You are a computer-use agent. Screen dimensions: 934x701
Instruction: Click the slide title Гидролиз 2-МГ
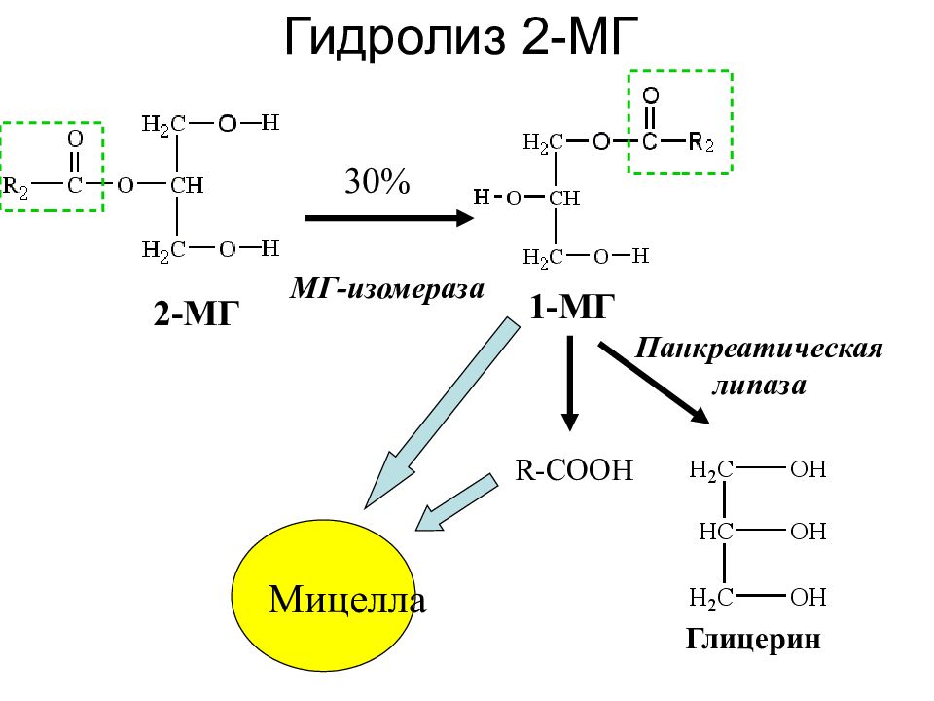pyautogui.click(x=461, y=37)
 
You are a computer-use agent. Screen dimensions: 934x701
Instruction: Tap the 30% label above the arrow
pyautogui.click(x=377, y=181)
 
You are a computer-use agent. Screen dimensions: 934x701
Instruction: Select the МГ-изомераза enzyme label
pyautogui.click(x=387, y=289)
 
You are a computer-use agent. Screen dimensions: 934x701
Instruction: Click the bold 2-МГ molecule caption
pyautogui.click(x=197, y=313)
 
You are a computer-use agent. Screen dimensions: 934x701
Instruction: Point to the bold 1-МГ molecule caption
pyautogui.click(x=572, y=308)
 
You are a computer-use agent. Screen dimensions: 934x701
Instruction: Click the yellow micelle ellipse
pyautogui.click(x=323, y=596)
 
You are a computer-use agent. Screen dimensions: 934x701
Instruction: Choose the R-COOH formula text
pyautogui.click(x=574, y=469)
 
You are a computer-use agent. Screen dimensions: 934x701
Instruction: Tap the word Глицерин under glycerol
pyautogui.click(x=753, y=640)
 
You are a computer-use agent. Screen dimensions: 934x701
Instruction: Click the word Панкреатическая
pyautogui.click(x=758, y=349)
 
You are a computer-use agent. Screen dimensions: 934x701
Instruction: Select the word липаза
pyautogui.click(x=760, y=385)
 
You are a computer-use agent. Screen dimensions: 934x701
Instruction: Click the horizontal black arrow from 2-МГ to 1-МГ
pyautogui.click(x=389, y=218)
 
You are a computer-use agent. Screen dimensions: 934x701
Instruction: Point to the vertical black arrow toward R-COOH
pyautogui.click(x=570, y=383)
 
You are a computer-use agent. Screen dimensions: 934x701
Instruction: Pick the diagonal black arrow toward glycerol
pyautogui.click(x=654, y=383)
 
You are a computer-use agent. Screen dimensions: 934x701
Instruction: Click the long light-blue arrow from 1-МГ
pyautogui.click(x=442, y=413)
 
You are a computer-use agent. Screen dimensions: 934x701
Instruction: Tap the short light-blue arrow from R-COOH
pyautogui.click(x=456, y=502)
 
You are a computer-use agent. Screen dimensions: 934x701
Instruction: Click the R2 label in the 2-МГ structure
pyautogui.click(x=16, y=188)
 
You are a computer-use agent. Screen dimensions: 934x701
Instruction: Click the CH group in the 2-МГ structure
pyautogui.click(x=187, y=185)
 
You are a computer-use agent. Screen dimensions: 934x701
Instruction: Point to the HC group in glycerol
pyautogui.click(x=716, y=532)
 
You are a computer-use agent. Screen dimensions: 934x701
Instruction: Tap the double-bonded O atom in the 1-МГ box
pyautogui.click(x=651, y=95)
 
